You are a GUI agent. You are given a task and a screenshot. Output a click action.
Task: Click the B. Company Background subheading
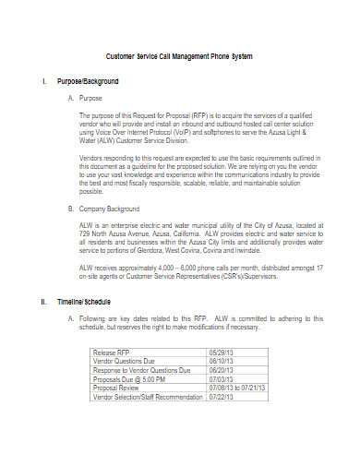pos(106,209)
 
